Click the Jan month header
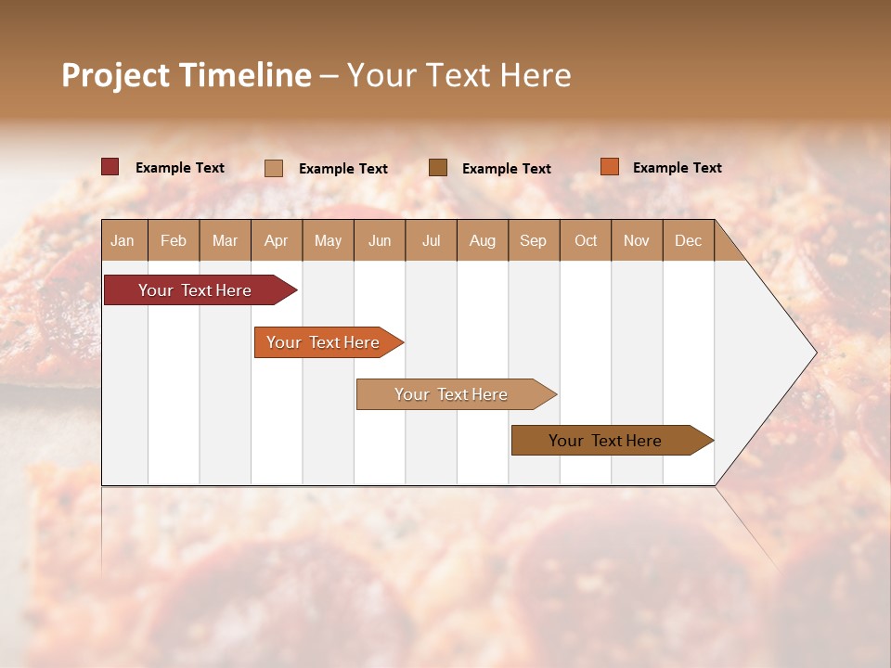coord(123,240)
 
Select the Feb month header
coord(174,240)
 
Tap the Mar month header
coord(225,240)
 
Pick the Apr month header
coord(276,240)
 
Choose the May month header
coord(328,240)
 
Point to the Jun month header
coord(380,240)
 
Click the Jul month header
coord(431,240)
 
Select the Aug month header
coord(482,240)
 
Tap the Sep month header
coord(533,240)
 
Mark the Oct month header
coord(586,240)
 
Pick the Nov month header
coord(636,240)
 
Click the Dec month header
coord(688,240)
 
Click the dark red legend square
coord(110,167)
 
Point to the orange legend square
coord(609,167)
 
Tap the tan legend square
coord(274,168)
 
